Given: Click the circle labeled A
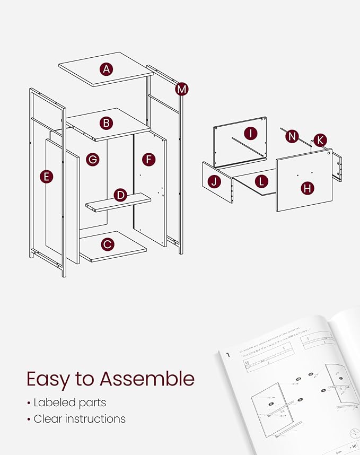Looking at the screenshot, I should coord(107,68).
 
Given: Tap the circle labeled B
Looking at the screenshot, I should coord(107,123).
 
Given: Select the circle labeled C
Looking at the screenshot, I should coord(108,244).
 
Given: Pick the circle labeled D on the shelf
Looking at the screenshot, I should coord(120,195).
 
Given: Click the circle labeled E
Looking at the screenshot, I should coord(47,177).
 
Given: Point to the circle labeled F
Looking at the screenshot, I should coord(149,159).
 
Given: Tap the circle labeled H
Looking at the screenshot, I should coord(306,187).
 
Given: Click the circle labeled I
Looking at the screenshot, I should coord(250,133).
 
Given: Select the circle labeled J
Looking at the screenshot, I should coord(214,181).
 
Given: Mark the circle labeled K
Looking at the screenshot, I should coord(320,141).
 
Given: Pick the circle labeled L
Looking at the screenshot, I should coord(261,181).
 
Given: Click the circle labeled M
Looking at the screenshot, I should coord(182,89).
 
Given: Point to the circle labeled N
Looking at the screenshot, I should coord(292,136).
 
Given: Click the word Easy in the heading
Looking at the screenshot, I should coord(50,379).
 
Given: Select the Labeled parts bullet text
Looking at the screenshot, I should coord(69,402).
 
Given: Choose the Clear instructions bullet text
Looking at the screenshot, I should coord(80,418).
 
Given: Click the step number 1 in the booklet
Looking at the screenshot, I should coord(228,355).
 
